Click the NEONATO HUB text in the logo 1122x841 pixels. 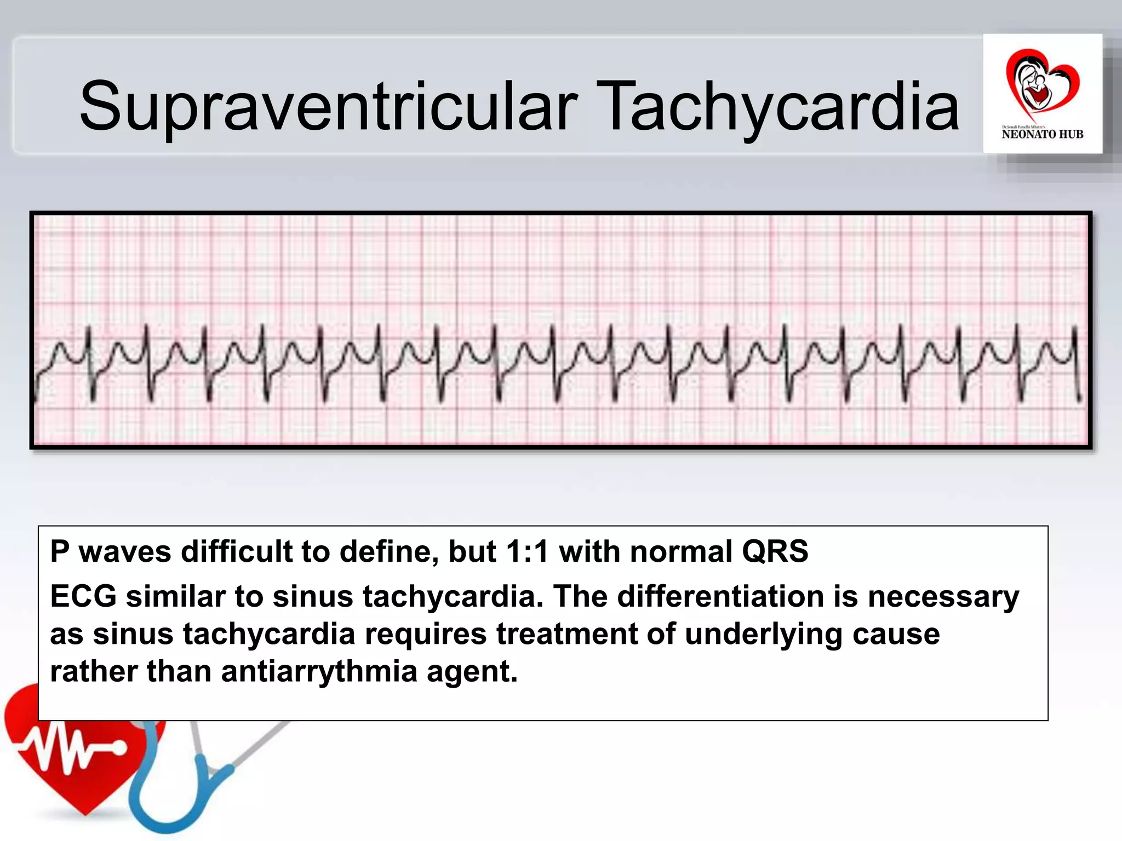[x=1042, y=134]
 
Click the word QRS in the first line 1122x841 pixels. [x=775, y=551]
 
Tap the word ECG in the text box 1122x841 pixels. [x=83, y=596]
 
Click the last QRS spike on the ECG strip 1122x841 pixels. [x=1075, y=334]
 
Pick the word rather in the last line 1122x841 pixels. [x=93, y=671]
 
